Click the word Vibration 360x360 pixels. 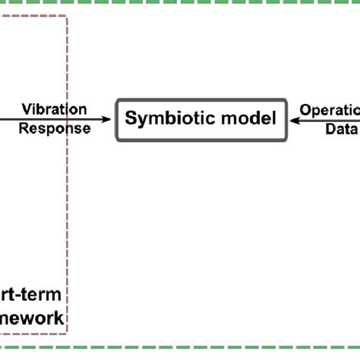[53, 110]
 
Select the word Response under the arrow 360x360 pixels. [54, 128]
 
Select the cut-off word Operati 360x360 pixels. [330, 110]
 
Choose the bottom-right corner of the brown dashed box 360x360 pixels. [68, 332]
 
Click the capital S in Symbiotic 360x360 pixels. [130, 119]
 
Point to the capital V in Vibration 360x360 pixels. [25, 110]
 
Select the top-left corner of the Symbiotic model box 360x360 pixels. [117, 99]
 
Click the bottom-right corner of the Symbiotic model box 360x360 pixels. [286, 140]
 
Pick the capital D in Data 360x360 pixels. [330, 128]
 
